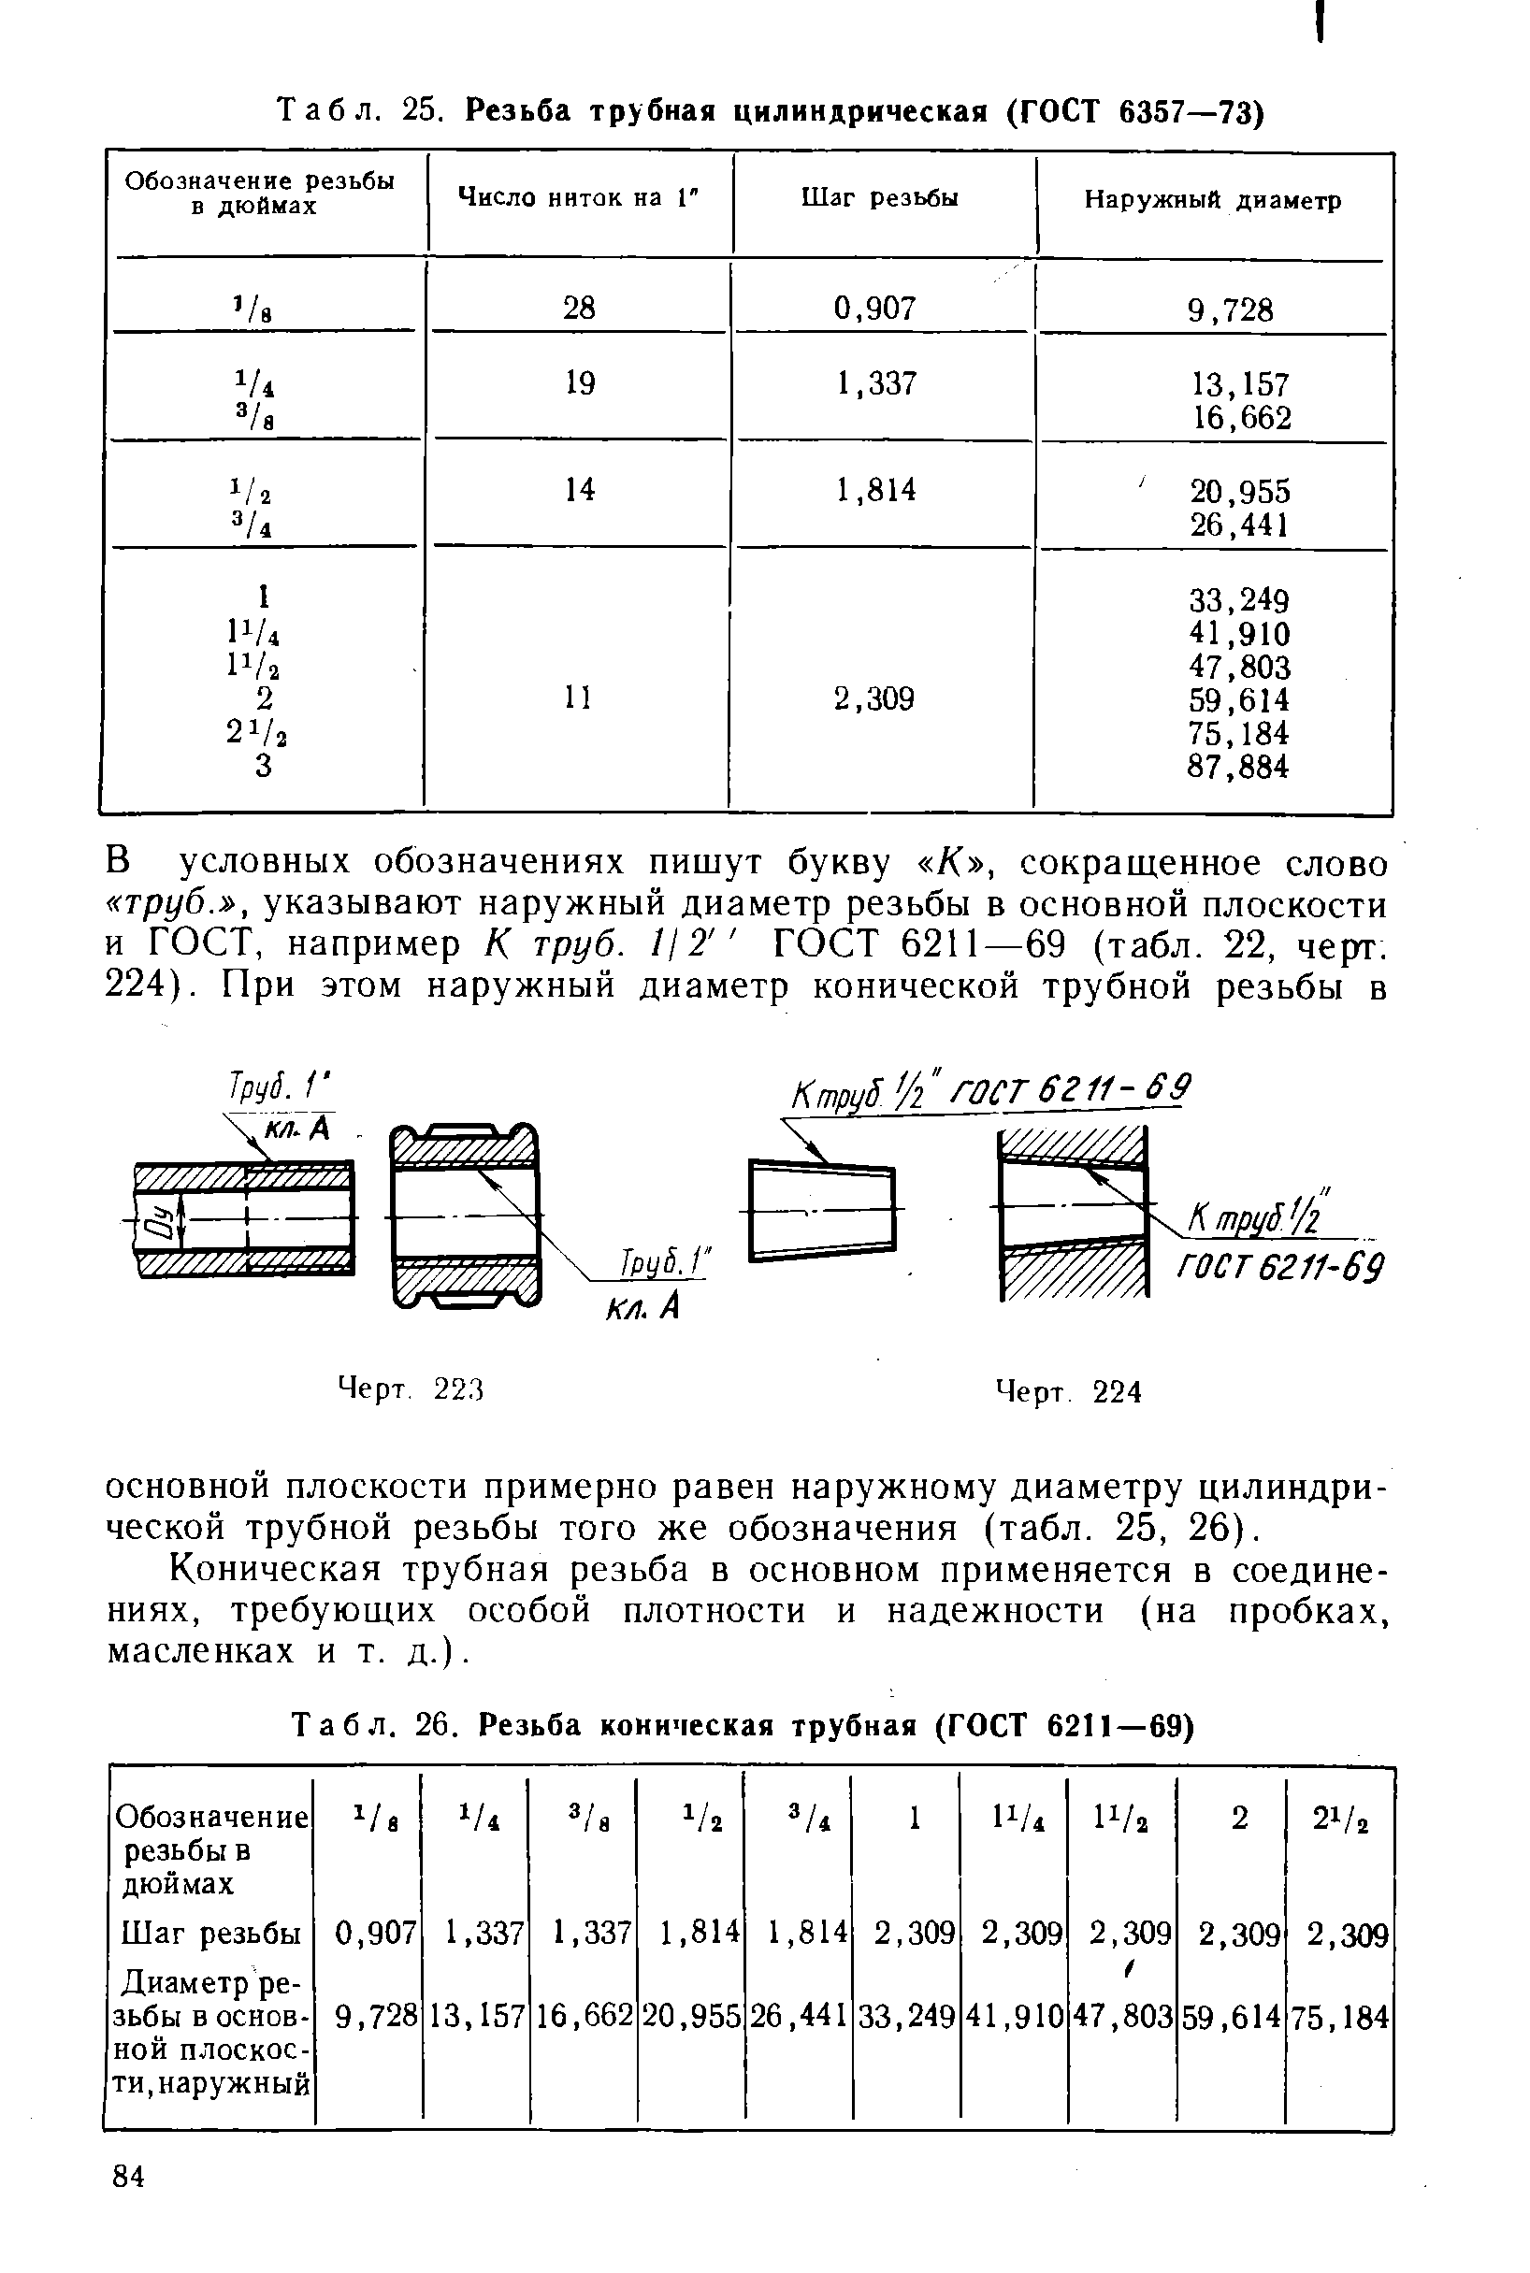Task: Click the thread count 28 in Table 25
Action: click(x=579, y=309)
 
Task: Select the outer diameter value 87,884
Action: click(x=1237, y=767)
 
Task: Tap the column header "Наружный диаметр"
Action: click(x=1212, y=201)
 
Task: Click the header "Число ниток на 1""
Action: click(x=579, y=198)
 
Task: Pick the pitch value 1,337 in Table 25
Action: click(x=876, y=383)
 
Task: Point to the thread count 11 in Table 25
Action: click(x=579, y=698)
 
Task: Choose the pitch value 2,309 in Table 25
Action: click(x=874, y=698)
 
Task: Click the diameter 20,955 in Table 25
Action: click(x=1239, y=490)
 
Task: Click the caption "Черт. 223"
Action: click(x=411, y=1389)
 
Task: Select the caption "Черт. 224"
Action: click(x=1067, y=1391)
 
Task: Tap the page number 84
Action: click(x=129, y=2204)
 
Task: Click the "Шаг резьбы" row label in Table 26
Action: click(x=210, y=1933)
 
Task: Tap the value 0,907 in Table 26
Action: click(x=375, y=1933)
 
